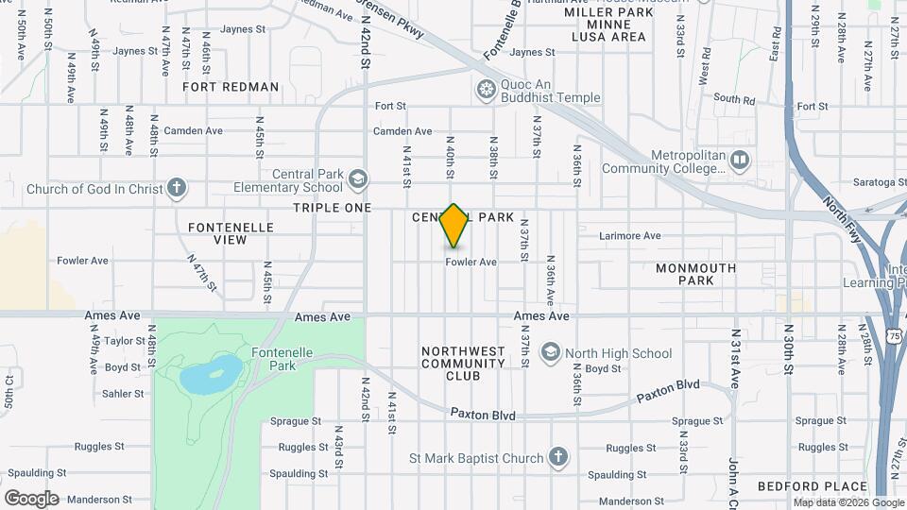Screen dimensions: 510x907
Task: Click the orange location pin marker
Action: point(454,226)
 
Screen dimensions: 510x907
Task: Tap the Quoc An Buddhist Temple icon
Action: point(487,90)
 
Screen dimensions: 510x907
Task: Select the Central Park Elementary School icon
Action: point(358,178)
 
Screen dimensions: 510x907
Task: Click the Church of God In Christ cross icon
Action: point(177,188)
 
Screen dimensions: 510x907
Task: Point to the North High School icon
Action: point(549,353)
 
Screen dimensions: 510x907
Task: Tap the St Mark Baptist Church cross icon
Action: point(558,458)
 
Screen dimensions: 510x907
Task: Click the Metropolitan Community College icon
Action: point(739,161)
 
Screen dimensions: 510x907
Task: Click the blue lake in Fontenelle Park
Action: point(210,375)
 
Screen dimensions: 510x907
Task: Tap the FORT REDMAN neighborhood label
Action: point(231,87)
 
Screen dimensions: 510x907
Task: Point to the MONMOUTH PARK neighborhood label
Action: point(696,274)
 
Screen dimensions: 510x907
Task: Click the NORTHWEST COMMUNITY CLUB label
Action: point(463,364)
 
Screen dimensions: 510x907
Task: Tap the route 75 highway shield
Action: point(896,335)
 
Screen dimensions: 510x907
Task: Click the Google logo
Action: point(31,498)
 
